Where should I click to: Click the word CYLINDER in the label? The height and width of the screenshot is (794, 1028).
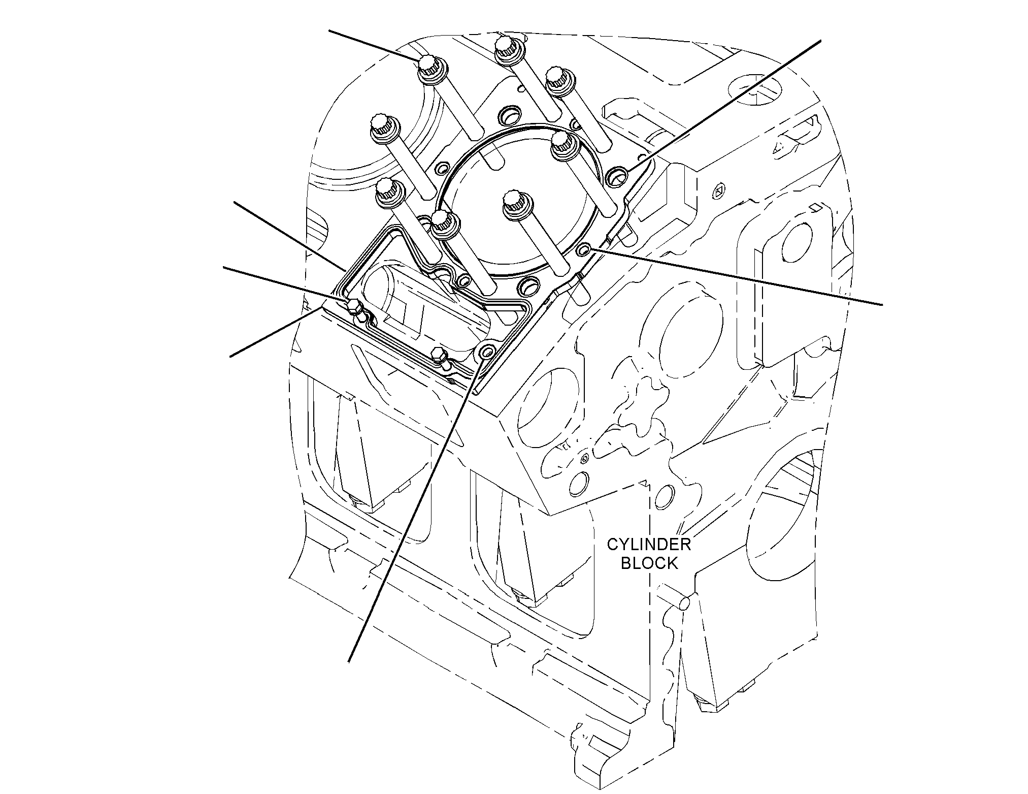pos(649,545)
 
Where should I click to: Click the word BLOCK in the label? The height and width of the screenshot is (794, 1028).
pos(649,563)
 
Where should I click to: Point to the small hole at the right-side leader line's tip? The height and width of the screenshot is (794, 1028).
pos(584,249)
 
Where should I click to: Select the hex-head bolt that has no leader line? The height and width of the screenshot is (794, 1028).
pos(438,355)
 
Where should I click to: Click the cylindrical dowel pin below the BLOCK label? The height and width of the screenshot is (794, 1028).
pos(684,603)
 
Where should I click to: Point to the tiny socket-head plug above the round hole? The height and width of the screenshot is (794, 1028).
pos(584,459)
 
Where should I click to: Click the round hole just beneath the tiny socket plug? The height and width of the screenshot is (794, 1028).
pos(579,484)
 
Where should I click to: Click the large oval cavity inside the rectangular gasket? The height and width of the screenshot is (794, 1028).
pos(426,307)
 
